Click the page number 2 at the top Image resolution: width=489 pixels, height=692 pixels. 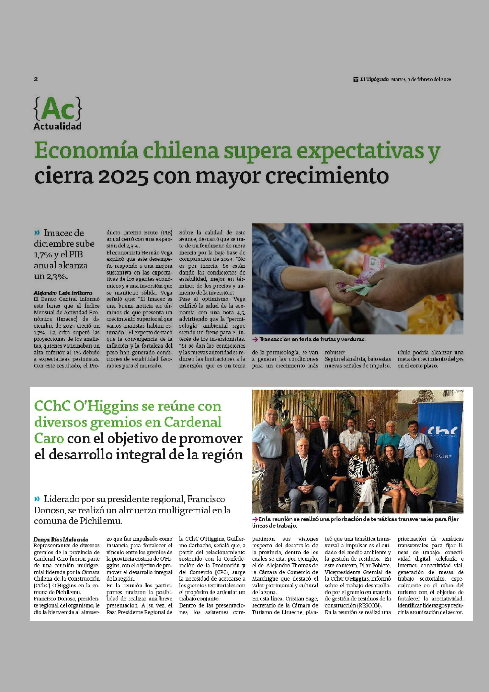coord(36,79)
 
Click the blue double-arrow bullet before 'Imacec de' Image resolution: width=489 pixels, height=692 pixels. coord(37,233)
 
